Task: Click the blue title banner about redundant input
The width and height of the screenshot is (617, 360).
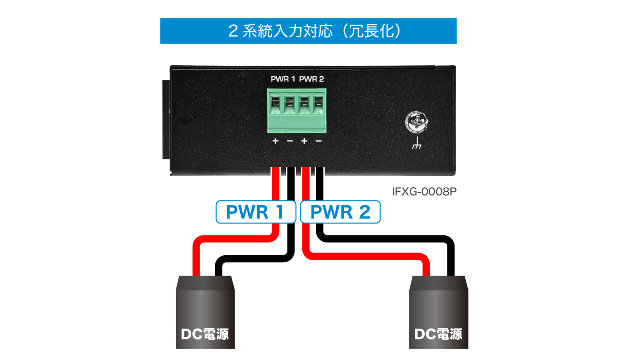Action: point(308,31)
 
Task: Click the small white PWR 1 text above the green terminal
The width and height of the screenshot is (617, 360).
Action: point(283,79)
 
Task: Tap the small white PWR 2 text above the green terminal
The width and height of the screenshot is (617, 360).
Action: point(312,79)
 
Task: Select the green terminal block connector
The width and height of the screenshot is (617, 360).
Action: point(297,111)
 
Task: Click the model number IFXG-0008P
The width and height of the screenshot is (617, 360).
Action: point(424,191)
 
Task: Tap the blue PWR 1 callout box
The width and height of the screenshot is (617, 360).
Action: point(256,212)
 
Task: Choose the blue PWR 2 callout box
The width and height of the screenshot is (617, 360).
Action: point(340,212)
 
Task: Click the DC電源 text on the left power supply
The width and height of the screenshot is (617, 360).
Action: point(205,334)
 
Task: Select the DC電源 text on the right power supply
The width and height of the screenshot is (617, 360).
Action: point(438,334)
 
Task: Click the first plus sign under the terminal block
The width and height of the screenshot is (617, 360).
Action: point(275,141)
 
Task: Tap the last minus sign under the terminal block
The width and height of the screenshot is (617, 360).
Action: point(318,141)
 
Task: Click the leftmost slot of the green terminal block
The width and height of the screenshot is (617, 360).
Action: point(275,105)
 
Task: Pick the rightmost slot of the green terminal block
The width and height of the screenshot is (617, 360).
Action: point(318,105)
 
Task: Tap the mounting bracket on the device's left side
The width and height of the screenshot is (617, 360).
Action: point(166,119)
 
